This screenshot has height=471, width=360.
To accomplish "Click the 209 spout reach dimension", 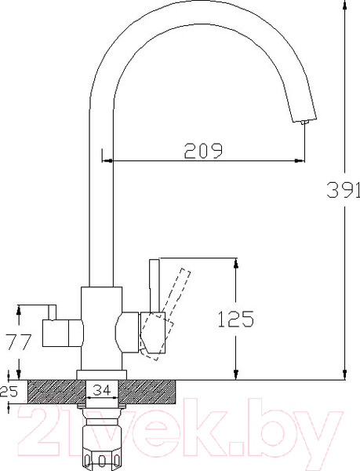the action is coord(203,151).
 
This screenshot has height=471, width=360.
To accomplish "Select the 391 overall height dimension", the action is coord(344,189).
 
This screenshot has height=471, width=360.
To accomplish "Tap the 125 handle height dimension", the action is coord(236,319).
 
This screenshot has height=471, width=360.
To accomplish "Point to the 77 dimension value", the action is coord(19,341).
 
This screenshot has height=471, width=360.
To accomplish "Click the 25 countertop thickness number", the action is coord(9,392).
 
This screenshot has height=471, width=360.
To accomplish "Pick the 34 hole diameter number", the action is coord(101,390).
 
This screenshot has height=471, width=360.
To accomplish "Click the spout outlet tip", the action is coord(304,122).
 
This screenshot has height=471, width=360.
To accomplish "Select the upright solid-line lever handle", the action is coord(155,286).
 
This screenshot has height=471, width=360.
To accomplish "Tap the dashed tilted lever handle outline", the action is coord(165,314).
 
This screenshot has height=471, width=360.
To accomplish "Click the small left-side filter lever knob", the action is coord(53,312).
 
